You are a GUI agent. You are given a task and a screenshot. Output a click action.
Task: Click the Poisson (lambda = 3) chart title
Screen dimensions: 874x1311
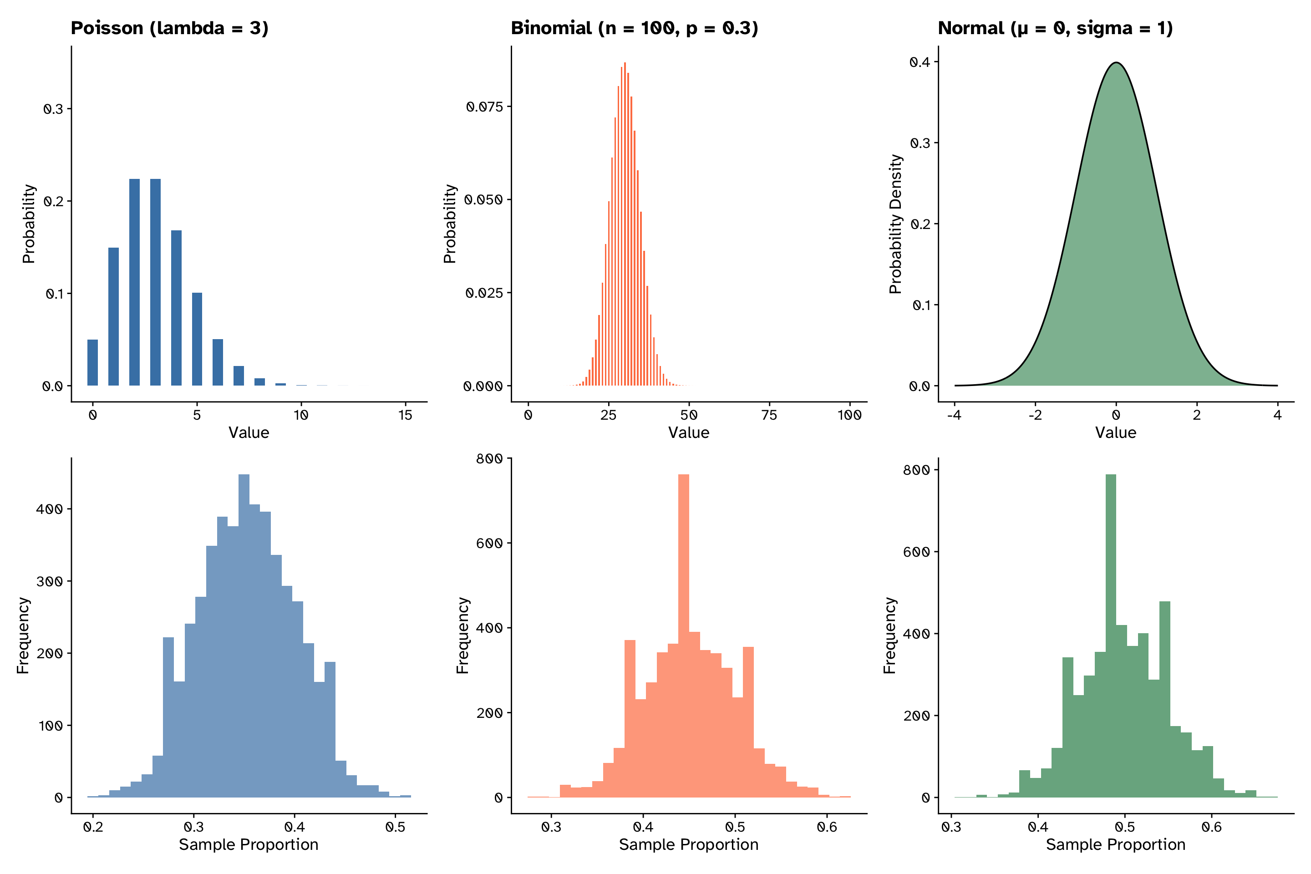(x=169, y=28)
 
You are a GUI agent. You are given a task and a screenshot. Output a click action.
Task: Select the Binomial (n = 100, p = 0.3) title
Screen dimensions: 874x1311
(x=634, y=28)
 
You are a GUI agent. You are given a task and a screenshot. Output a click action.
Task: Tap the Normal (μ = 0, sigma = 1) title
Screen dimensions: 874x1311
(x=1055, y=28)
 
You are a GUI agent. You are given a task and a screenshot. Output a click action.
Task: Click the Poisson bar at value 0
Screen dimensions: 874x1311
(x=92, y=362)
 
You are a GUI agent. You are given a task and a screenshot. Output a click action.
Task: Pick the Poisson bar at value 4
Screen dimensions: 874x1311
(x=176, y=308)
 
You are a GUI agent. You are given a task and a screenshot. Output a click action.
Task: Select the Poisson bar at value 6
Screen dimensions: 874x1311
(x=218, y=362)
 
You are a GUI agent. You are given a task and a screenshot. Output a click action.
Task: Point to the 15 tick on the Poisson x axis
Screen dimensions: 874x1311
(x=405, y=415)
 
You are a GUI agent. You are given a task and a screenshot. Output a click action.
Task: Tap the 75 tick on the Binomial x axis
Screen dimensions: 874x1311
(x=769, y=415)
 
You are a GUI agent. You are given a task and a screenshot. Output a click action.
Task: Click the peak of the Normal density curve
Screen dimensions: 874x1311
(x=1116, y=63)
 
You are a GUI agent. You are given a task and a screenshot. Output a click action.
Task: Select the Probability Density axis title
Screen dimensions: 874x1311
(x=895, y=224)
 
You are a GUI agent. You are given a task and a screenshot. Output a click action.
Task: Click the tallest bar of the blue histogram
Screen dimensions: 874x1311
(x=244, y=635)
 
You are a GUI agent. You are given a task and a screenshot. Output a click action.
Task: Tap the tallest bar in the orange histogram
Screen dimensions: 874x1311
(x=683, y=635)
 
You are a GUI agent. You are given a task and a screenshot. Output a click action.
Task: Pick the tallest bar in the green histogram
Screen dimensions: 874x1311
(x=1110, y=635)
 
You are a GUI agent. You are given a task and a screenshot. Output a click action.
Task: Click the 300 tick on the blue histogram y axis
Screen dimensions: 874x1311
(x=49, y=581)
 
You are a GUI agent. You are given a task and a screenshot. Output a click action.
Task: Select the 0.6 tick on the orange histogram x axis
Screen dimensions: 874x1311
(x=827, y=827)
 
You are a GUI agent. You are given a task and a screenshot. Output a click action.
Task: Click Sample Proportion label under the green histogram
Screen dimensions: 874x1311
(x=1115, y=844)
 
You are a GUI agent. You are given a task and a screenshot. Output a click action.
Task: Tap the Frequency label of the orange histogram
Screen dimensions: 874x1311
(x=462, y=635)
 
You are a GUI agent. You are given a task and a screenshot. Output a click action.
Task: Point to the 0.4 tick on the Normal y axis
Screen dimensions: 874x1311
(x=920, y=62)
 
